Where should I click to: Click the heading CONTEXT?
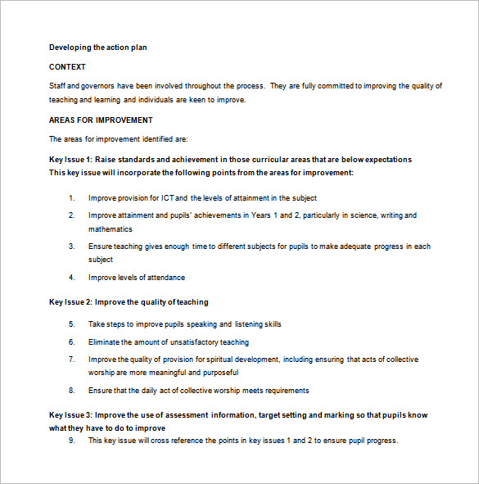[x=67, y=67]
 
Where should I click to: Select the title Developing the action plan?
[x=97, y=47]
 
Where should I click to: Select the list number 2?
[x=72, y=215]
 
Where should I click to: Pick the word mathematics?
[x=111, y=229]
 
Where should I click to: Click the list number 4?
[x=72, y=278]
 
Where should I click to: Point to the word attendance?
[x=166, y=278]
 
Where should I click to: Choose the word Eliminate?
[x=106, y=342]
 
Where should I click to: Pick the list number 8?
[x=72, y=391]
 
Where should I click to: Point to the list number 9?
[x=72, y=441]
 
